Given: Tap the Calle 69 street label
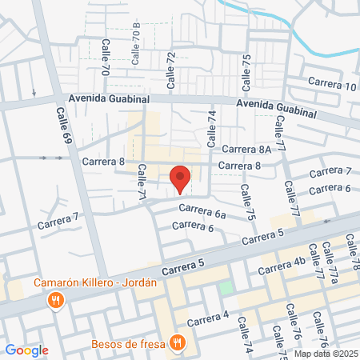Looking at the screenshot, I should tap(63, 127).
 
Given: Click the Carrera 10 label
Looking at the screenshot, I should tap(333, 86).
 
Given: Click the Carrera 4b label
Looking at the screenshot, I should tap(289, 262).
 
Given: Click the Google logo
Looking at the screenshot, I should tap(26, 350).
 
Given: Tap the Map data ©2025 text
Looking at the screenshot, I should tap(325, 354).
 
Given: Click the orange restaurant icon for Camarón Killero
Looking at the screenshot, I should tap(55, 302).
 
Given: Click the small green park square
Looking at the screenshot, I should tap(227, 286).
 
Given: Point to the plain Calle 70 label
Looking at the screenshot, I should tap(105, 57).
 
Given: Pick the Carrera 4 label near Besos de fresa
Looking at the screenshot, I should tap(208, 318).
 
